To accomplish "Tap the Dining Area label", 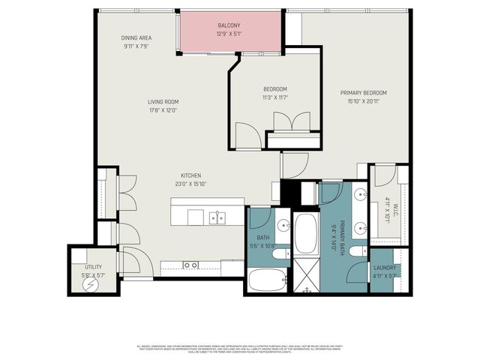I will point(137,37).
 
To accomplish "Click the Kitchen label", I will point(190,175).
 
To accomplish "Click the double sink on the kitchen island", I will point(217,217).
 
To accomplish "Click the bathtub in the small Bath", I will point(267,280).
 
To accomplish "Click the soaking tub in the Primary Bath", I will point(306,234).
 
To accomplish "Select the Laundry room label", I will point(385,267).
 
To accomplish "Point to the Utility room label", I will point(93,266).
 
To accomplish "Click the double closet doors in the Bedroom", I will point(291,121).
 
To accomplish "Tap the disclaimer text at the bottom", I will point(240,349).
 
